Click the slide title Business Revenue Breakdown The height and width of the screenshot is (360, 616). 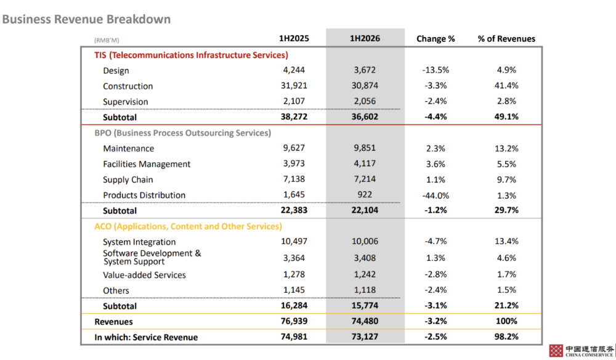(x=86, y=19)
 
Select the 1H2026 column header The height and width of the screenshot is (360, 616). (x=365, y=38)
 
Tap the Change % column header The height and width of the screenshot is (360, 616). (x=436, y=38)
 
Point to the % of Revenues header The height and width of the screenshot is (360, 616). (x=506, y=38)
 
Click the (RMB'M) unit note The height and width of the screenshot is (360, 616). (x=107, y=40)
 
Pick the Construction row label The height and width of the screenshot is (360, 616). (x=128, y=86)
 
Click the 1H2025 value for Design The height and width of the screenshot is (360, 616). (x=294, y=70)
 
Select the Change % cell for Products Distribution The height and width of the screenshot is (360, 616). (x=436, y=195)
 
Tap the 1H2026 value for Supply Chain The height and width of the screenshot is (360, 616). (x=365, y=179)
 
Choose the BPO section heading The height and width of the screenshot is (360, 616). (x=183, y=133)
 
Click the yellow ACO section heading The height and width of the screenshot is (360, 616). (x=188, y=226)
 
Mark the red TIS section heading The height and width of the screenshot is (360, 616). (x=191, y=55)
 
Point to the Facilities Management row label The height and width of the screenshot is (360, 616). (x=147, y=164)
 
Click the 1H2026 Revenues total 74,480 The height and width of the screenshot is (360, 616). (x=365, y=321)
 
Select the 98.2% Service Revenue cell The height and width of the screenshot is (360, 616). (x=506, y=337)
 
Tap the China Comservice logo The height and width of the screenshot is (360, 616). (x=582, y=351)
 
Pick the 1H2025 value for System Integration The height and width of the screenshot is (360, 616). (x=294, y=241)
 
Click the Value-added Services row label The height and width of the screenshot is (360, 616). (x=144, y=275)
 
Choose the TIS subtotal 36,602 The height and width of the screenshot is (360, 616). (x=365, y=117)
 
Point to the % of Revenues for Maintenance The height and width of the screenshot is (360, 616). (x=506, y=149)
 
